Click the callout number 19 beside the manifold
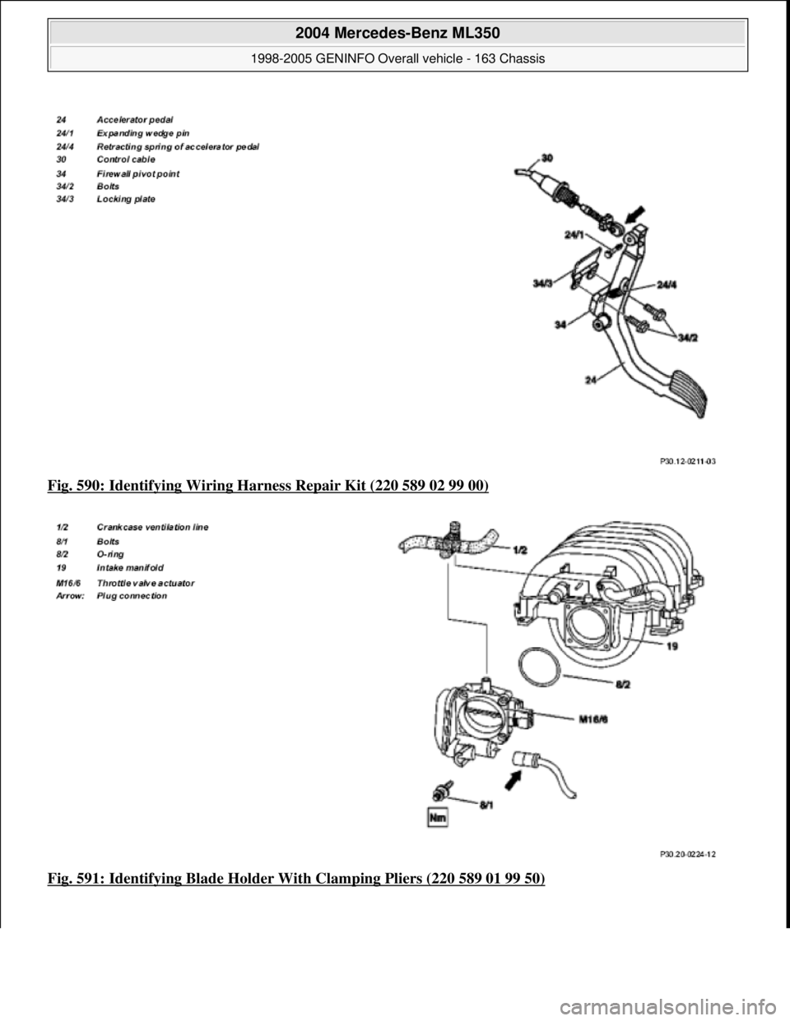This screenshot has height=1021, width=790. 671,648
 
